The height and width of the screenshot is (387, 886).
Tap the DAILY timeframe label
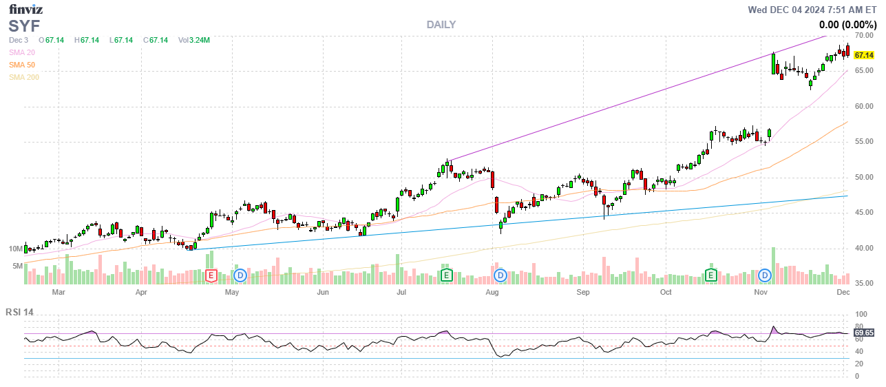click(441, 25)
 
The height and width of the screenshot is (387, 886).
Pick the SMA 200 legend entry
click(23, 77)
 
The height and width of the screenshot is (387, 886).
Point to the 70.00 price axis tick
click(864, 35)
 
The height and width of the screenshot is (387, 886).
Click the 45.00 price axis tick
click(864, 212)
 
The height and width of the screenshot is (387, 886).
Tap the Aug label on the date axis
click(492, 292)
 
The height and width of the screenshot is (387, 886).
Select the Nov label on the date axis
click(760, 292)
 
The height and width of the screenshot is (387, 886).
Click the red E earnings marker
click(212, 275)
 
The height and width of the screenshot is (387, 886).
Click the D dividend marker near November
click(764, 275)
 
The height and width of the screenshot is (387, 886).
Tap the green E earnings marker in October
click(710, 275)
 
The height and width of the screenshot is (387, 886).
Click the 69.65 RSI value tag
click(864, 333)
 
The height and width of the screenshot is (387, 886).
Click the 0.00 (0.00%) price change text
click(847, 25)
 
